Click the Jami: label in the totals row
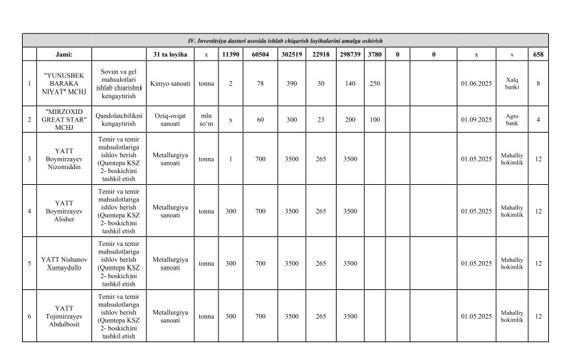[64, 54]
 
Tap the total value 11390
[230, 54]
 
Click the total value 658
[538, 54]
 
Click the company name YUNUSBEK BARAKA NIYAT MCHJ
[64, 83]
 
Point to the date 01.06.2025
[477, 83]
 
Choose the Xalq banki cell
[512, 83]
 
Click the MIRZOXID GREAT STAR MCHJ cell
[64, 119]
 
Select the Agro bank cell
[512, 119]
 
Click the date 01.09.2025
[477, 119]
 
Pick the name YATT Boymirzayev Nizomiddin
[64, 159]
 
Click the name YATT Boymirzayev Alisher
[64, 211]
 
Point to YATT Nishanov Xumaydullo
[64, 263]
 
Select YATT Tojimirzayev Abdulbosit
[64, 316]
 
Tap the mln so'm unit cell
[206, 119]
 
